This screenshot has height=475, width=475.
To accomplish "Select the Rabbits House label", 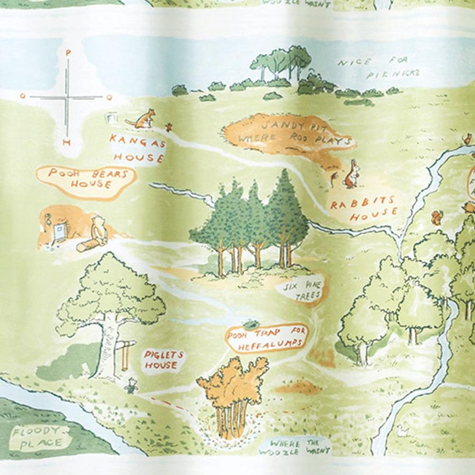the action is (364, 209).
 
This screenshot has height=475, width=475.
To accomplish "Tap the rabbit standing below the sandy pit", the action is (351, 176).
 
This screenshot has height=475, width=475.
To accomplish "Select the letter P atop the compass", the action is (67, 52).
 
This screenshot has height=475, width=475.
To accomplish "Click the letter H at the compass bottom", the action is (66, 143).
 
